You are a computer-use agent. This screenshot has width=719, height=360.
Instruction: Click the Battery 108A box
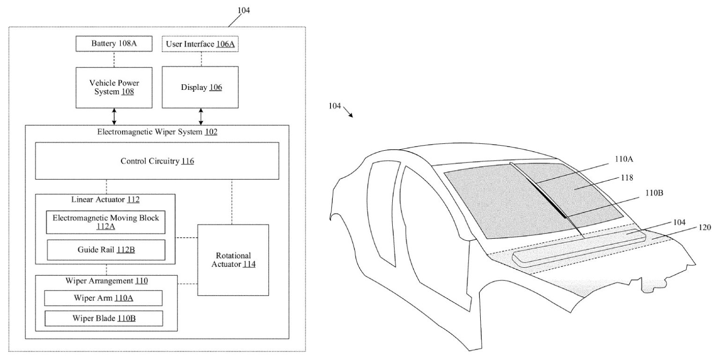coord(115,44)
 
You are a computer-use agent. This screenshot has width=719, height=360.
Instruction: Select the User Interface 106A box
coord(200,44)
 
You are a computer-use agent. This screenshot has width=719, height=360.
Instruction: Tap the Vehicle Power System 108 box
coord(114,88)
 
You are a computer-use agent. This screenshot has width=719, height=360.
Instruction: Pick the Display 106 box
coord(201,88)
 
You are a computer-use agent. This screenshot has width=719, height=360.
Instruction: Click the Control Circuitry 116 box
coord(157,161)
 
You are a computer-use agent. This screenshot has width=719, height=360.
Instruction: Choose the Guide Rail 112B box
coord(106,250)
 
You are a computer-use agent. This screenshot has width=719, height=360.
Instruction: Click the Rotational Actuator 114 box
coord(233,260)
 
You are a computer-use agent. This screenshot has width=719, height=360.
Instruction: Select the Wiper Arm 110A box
coord(103,298)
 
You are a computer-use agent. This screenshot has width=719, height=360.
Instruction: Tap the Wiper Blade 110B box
coord(103,318)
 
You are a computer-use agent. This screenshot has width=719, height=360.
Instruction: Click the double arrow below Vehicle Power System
coord(114,117)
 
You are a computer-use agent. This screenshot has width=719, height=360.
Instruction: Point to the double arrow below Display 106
coord(201,117)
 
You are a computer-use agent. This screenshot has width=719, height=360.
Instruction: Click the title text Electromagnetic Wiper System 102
coord(157,132)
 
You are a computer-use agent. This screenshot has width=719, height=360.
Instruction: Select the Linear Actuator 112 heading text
coord(105,200)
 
